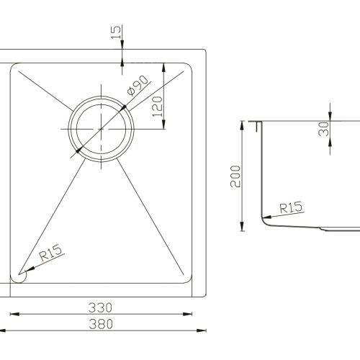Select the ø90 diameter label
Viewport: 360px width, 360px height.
[137, 87]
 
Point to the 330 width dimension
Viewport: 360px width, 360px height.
[102, 307]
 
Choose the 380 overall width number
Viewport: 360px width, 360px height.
[102, 324]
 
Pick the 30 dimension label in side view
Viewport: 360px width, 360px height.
[324, 128]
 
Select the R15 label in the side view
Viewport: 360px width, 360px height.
[290, 207]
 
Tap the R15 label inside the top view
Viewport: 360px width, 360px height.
[51, 253]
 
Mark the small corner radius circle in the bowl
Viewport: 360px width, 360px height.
[19, 276]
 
